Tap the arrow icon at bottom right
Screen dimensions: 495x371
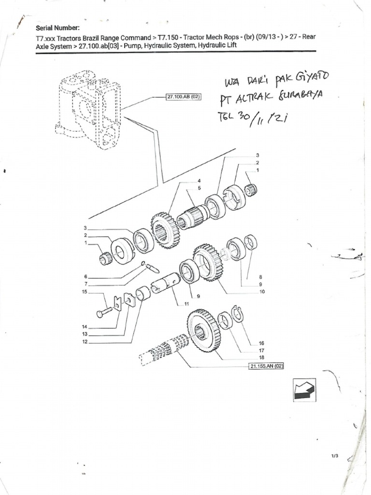click(303, 390)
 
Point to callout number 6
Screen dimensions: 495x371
click(86, 277)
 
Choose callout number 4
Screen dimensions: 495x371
click(198, 180)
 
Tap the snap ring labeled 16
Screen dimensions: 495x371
click(237, 313)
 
